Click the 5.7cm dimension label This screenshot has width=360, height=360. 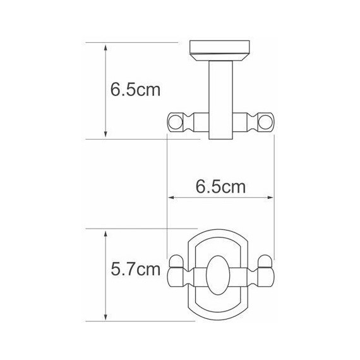pos(135,271)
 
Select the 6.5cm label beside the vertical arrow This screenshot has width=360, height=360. pos(135,89)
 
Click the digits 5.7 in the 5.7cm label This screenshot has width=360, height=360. pos(124,271)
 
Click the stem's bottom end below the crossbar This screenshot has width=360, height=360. pos(220,138)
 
